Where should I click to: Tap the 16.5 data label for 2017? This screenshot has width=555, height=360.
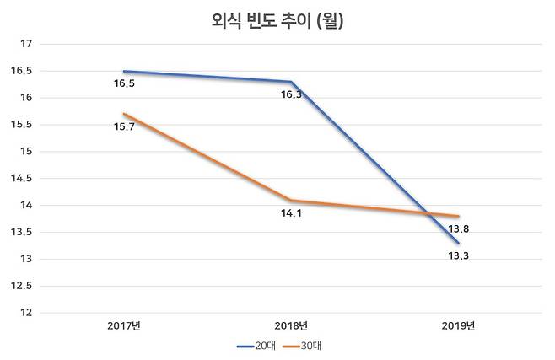[124, 84]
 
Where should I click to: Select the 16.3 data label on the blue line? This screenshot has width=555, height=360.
[292, 95]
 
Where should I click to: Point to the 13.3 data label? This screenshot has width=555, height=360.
[459, 255]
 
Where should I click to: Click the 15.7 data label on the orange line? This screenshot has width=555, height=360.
[124, 126]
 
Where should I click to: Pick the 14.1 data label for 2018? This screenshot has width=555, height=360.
[292, 214]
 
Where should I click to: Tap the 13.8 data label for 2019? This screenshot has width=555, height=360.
[459, 229]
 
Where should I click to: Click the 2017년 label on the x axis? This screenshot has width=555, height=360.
[124, 325]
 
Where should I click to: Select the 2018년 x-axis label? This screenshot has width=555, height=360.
[292, 325]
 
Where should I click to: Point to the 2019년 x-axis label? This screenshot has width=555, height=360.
[459, 325]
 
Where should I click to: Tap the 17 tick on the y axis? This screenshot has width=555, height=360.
[25, 44]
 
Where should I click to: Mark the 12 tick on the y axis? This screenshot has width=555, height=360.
[25, 313]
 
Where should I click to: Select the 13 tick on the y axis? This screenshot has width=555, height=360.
[25, 259]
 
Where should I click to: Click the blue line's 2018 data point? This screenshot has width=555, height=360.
[292, 82]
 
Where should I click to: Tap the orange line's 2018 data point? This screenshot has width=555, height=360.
[292, 201]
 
